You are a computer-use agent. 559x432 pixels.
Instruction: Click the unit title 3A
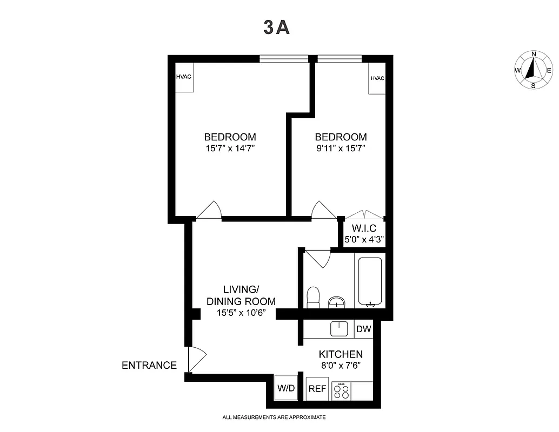(x=277, y=28)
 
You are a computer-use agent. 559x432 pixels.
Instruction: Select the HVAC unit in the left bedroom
(x=184, y=77)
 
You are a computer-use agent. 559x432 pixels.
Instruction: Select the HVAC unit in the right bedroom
(x=377, y=78)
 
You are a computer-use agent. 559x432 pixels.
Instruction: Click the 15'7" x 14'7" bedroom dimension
(x=230, y=148)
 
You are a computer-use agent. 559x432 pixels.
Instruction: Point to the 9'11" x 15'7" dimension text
(x=341, y=148)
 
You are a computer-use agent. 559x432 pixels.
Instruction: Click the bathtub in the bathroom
(x=370, y=281)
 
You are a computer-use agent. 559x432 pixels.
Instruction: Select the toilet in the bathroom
(x=313, y=297)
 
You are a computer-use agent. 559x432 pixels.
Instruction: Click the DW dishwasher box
(x=363, y=328)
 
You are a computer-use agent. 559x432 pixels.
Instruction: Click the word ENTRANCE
(x=149, y=366)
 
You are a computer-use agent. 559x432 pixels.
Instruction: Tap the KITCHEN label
(x=341, y=354)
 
